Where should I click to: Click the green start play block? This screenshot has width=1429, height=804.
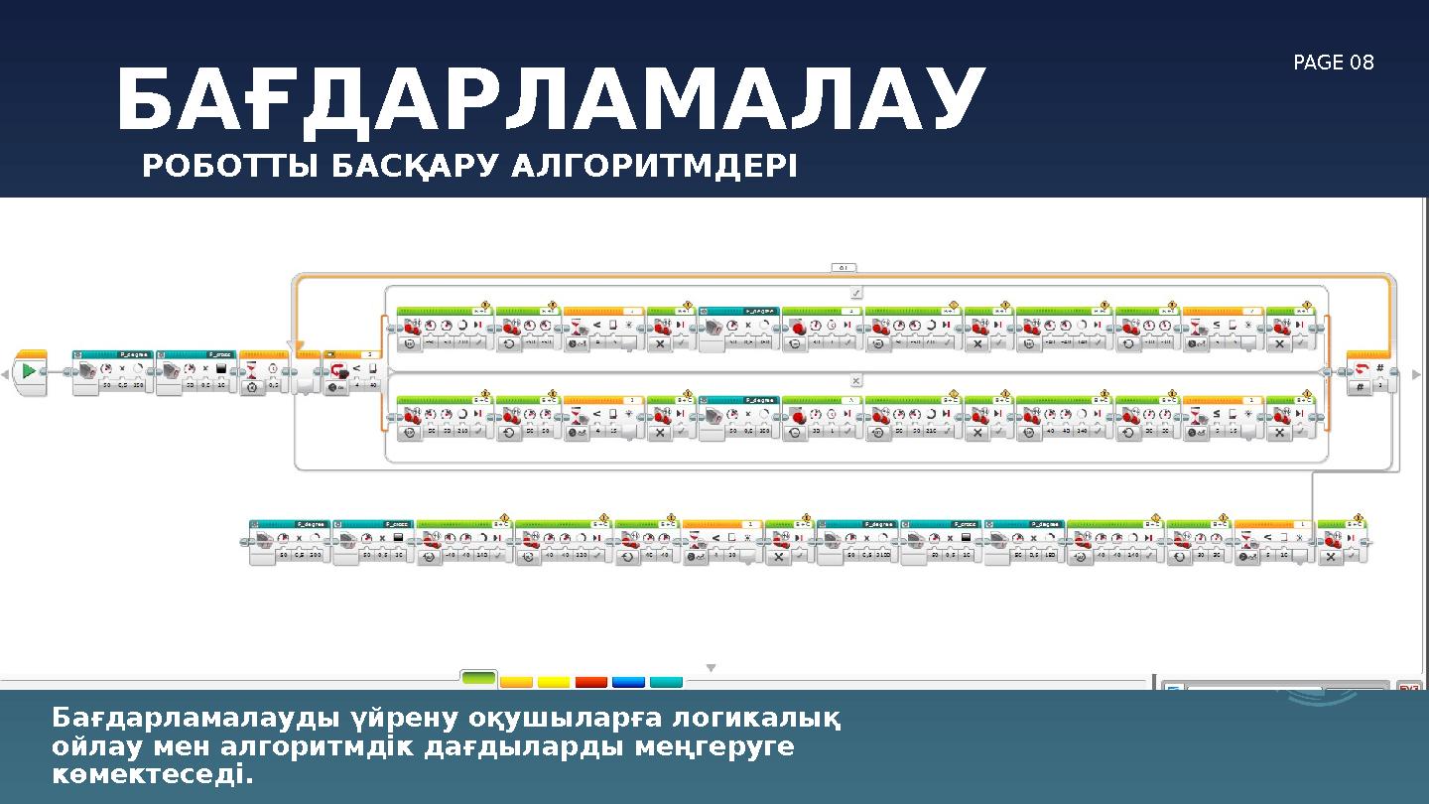click(30, 371)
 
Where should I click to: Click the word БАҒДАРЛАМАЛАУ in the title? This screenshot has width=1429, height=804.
click(551, 100)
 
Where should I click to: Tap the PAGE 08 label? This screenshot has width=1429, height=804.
click(1333, 64)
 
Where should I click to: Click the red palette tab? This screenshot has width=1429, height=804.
click(591, 682)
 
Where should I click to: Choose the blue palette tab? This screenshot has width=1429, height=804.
click(628, 682)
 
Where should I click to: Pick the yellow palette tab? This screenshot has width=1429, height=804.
click(554, 682)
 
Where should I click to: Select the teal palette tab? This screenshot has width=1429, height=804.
click(666, 682)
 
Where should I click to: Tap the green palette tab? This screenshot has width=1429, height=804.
click(478, 679)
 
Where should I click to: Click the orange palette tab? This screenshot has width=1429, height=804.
click(516, 682)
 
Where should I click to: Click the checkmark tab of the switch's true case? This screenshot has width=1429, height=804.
click(855, 293)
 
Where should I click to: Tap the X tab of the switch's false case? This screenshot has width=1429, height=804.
click(855, 380)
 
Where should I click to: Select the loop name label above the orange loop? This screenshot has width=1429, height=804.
click(844, 267)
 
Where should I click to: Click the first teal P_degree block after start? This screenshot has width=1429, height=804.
click(112, 371)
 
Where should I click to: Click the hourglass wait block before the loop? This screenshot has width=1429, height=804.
click(263, 372)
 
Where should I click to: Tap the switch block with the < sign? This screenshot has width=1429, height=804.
click(352, 372)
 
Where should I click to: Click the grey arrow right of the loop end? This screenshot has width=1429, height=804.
click(1416, 374)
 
